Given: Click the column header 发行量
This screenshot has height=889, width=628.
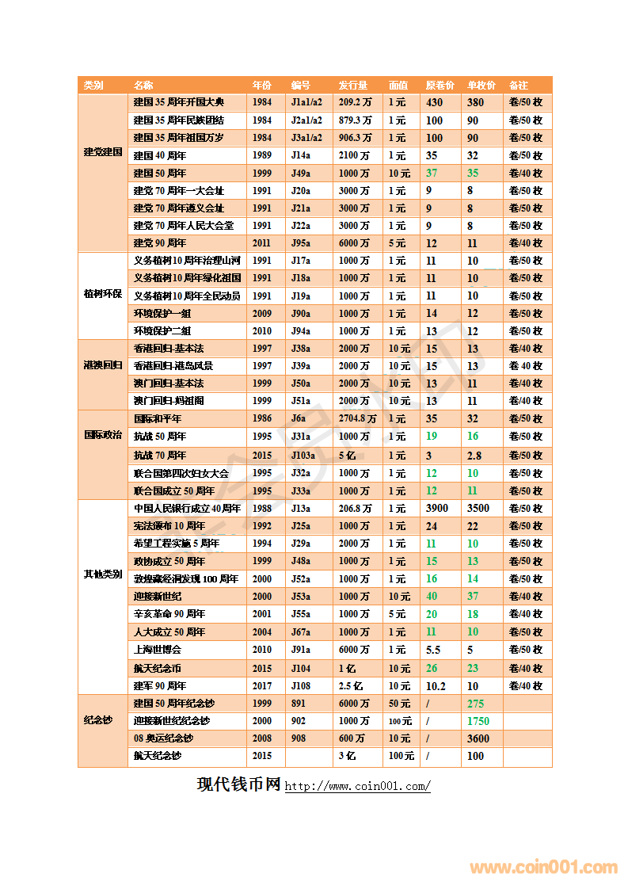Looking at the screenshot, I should (x=352, y=86).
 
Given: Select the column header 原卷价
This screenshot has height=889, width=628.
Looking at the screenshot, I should (x=440, y=86).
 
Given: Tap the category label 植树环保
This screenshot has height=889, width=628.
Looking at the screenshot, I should (x=103, y=295).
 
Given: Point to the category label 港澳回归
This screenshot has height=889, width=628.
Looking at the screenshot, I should (x=103, y=365).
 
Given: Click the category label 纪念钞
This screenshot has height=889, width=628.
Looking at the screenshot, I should (x=98, y=720).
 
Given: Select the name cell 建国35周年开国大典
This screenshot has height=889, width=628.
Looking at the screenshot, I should (x=178, y=103).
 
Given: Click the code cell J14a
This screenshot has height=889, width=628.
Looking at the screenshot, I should (x=300, y=156).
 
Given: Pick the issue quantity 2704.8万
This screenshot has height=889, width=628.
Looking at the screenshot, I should (x=357, y=419).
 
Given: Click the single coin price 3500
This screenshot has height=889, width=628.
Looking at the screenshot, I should (x=478, y=508).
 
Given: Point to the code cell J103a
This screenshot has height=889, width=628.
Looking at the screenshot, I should (x=303, y=456).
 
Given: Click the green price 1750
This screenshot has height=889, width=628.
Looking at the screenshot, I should (x=478, y=721).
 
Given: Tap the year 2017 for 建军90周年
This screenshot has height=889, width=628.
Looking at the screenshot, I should (x=262, y=686).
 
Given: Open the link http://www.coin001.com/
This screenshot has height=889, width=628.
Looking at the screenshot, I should (x=357, y=787).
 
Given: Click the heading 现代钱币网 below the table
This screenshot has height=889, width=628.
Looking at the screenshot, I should (x=238, y=784).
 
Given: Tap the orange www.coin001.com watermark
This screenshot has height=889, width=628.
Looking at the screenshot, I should (x=543, y=868).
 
